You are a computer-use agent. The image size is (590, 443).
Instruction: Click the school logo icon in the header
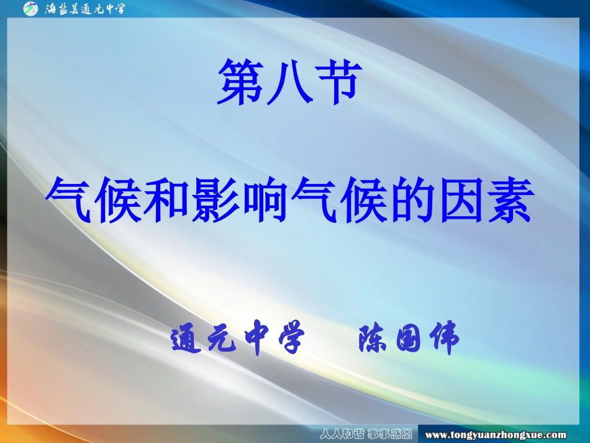coord(30,9)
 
